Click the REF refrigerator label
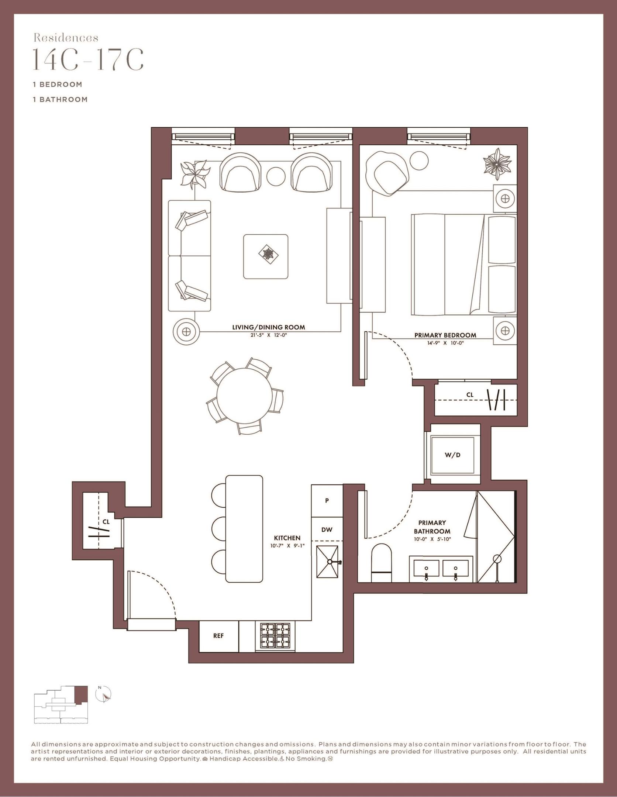coord(218,636)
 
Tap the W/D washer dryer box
coord(452,455)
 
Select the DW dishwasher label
coord(327,529)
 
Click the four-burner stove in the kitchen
coord(275,635)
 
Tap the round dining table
coord(245,396)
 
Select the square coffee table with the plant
coord(266,257)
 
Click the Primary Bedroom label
coord(445,335)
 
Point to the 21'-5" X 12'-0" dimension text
coord(268,335)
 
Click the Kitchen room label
coord(287,538)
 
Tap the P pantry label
coord(327,501)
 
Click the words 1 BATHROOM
coord(60,99)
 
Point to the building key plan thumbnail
coord(61,704)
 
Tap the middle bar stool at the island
coord(219,528)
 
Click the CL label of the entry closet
coord(106,522)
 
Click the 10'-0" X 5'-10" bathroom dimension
coord(432,539)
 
